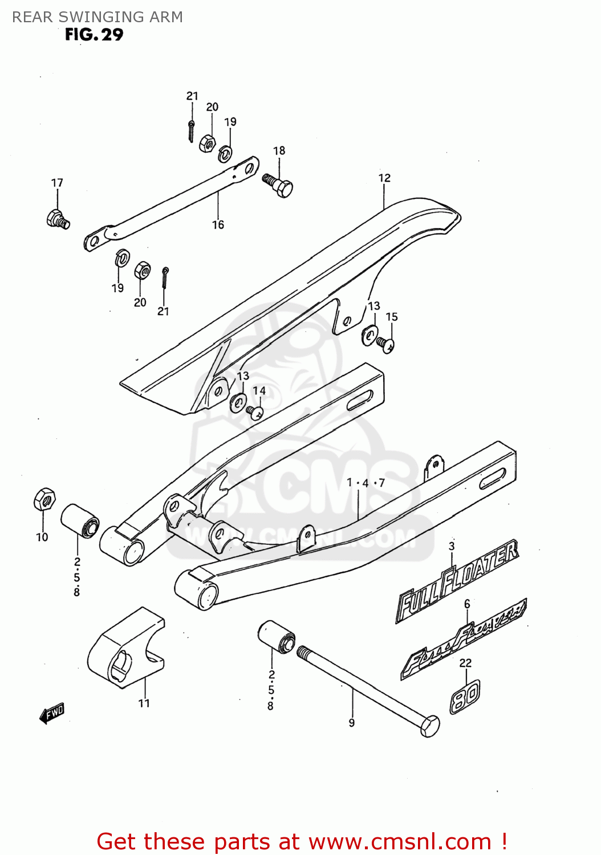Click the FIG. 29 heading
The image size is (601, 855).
pos(94,35)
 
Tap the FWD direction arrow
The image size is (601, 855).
pos(52,712)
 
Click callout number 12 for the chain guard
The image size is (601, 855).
pos(384,178)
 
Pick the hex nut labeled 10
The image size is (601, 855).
pos(44,499)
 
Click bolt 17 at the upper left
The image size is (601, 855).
pos(57,219)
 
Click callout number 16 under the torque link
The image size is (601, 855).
pos(218,225)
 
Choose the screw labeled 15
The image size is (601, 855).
pos(386,344)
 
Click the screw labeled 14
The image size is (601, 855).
pos(254,412)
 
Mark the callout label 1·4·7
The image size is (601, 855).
pos(366,483)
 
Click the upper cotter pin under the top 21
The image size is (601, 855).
pos(192,131)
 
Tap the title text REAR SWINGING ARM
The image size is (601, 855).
pos(98,17)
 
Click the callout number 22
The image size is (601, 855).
pos(465,663)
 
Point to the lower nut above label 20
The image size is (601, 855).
pos(142,271)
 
